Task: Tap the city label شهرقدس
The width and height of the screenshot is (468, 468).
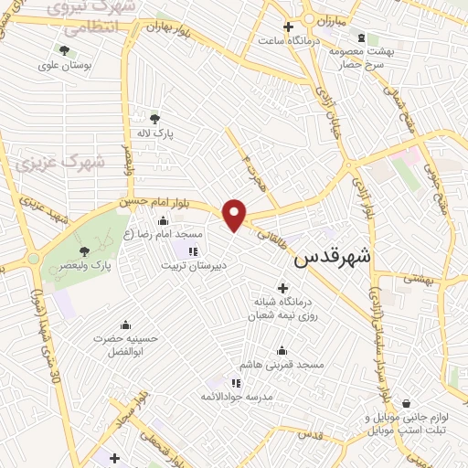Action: click(333, 259)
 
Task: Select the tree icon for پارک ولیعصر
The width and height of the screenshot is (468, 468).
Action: click(83, 251)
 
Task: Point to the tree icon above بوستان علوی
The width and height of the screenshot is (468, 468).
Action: click(64, 50)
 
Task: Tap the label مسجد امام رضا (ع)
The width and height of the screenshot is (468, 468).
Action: click(163, 234)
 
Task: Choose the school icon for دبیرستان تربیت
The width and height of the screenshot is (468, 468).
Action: click(193, 251)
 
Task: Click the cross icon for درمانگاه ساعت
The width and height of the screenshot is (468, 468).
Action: click(289, 27)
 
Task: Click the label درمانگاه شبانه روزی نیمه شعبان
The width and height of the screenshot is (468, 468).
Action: click(282, 308)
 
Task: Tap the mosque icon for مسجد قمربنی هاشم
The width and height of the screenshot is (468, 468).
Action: click(282, 349)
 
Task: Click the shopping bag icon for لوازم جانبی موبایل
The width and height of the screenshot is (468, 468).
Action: click(419, 402)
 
